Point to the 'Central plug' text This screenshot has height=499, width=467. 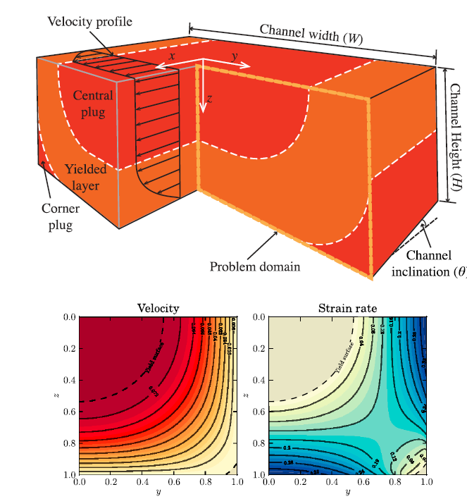(x=92, y=103)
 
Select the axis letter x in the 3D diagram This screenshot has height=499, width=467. (x=172, y=54)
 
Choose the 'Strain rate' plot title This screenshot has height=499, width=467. (x=347, y=308)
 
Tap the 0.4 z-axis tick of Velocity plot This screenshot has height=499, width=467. (x=68, y=381)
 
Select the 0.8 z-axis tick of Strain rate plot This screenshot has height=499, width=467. (x=259, y=443)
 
